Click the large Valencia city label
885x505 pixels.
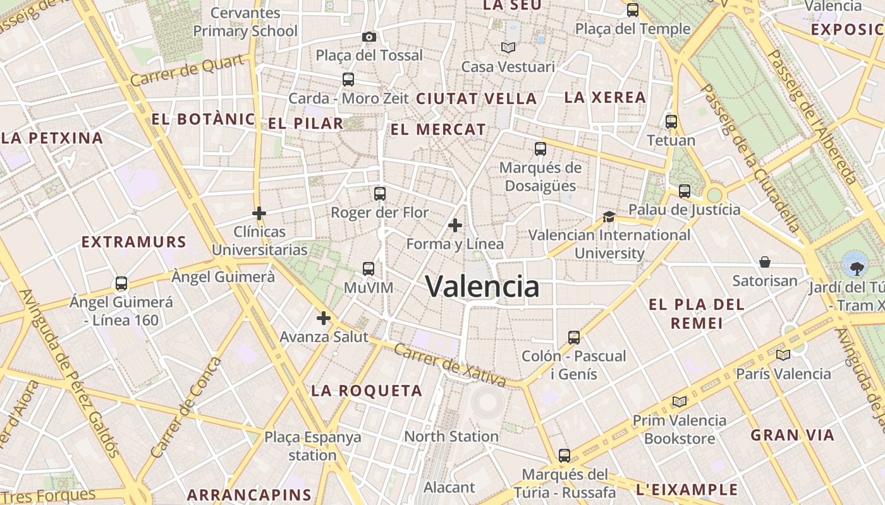(x=482, y=287)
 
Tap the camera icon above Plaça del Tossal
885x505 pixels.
(x=369, y=37)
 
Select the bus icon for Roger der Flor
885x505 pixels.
(x=379, y=194)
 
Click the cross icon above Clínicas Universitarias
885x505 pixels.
(x=259, y=213)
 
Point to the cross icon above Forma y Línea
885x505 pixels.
(x=455, y=225)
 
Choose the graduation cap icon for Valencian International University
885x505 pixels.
(x=609, y=217)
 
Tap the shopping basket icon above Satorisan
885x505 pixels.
(x=765, y=262)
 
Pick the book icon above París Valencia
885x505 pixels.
(x=783, y=355)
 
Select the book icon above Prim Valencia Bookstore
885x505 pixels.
(x=680, y=401)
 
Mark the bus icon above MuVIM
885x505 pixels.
(x=369, y=269)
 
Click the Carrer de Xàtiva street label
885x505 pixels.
(x=449, y=365)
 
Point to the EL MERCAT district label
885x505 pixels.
(x=438, y=130)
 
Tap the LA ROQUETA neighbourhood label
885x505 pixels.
(x=367, y=391)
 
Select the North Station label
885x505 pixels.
(x=451, y=436)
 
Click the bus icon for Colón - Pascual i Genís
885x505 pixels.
(x=574, y=338)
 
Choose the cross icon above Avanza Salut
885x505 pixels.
(x=324, y=318)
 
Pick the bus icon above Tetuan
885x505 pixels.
(x=671, y=122)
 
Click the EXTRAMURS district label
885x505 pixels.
(x=134, y=242)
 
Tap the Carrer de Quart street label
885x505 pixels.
(x=188, y=71)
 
